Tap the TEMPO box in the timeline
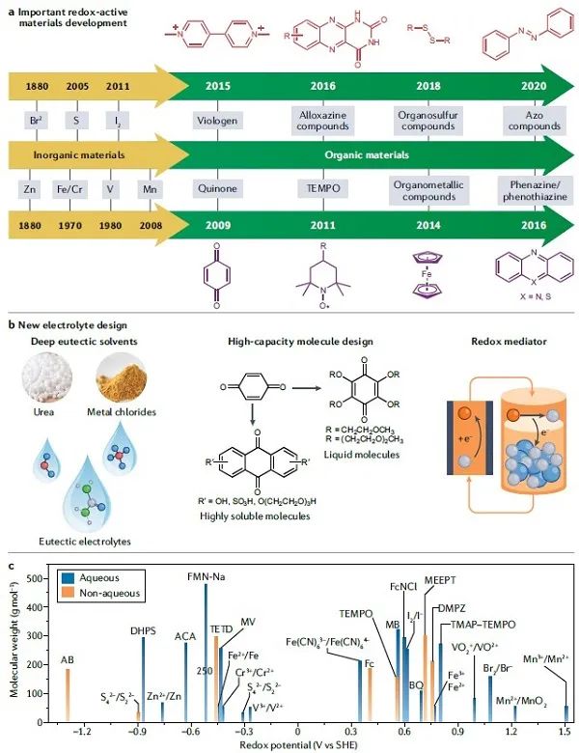click(x=323, y=189)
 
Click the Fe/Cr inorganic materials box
click(x=74, y=189)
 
